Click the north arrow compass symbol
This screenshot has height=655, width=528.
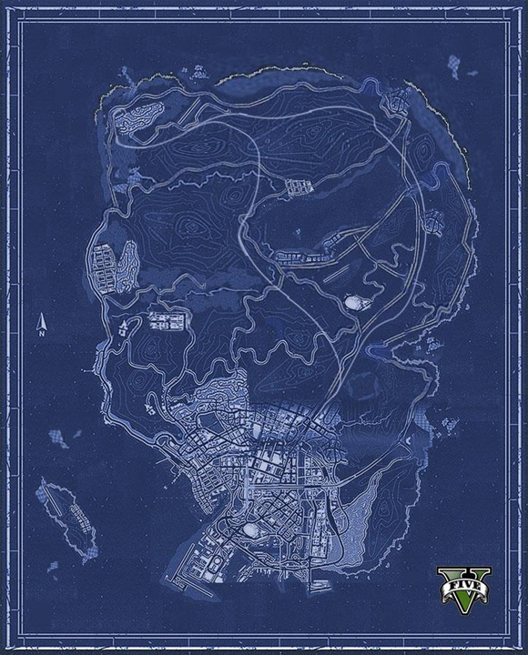coord(41,322)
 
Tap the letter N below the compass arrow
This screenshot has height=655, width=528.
coord(41,334)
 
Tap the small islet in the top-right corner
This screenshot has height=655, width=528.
coord(453,65)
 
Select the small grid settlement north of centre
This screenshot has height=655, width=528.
coord(297,187)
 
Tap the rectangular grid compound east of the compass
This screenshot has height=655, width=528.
coord(167,319)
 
